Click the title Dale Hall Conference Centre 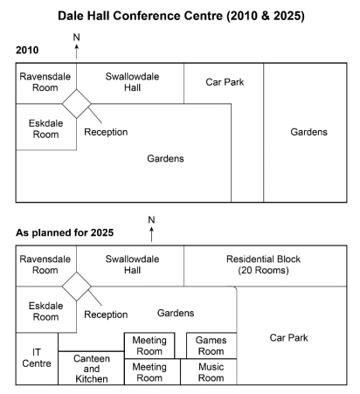point(142,16)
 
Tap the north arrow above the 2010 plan point(77,52)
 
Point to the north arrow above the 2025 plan point(151,234)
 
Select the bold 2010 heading point(27,50)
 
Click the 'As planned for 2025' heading point(65,232)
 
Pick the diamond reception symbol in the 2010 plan point(77,104)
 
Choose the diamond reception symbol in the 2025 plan point(77,287)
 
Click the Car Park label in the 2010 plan point(225,82)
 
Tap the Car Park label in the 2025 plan point(288,338)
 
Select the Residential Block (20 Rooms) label point(263,265)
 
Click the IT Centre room point(37,359)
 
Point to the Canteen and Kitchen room point(91,368)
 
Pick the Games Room point(211,346)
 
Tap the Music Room point(209,372)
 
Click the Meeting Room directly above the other point(149,346)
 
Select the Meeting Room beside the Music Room point(152,372)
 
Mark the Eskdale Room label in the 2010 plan point(45,128)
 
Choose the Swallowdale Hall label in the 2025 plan point(132,265)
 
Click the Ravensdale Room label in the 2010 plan point(45,82)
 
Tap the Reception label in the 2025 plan point(106,315)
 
